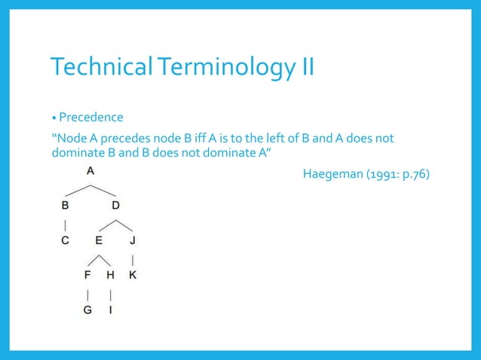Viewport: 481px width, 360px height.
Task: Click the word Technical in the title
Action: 96,69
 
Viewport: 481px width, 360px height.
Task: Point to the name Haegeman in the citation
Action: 332,175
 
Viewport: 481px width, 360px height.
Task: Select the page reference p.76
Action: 414,175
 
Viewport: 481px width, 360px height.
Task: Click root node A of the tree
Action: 90,171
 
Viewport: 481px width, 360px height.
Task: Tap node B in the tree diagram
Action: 65,205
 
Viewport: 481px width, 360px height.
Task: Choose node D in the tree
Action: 115,205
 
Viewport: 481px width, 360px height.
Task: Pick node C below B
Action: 65,241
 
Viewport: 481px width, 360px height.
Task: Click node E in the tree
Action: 99,241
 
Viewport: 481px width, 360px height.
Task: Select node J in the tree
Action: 133,241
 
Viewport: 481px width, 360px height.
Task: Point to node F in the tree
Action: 88,275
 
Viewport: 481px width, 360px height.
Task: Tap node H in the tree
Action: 110,275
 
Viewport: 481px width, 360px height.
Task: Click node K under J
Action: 133,275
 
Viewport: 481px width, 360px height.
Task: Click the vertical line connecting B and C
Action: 66,224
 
